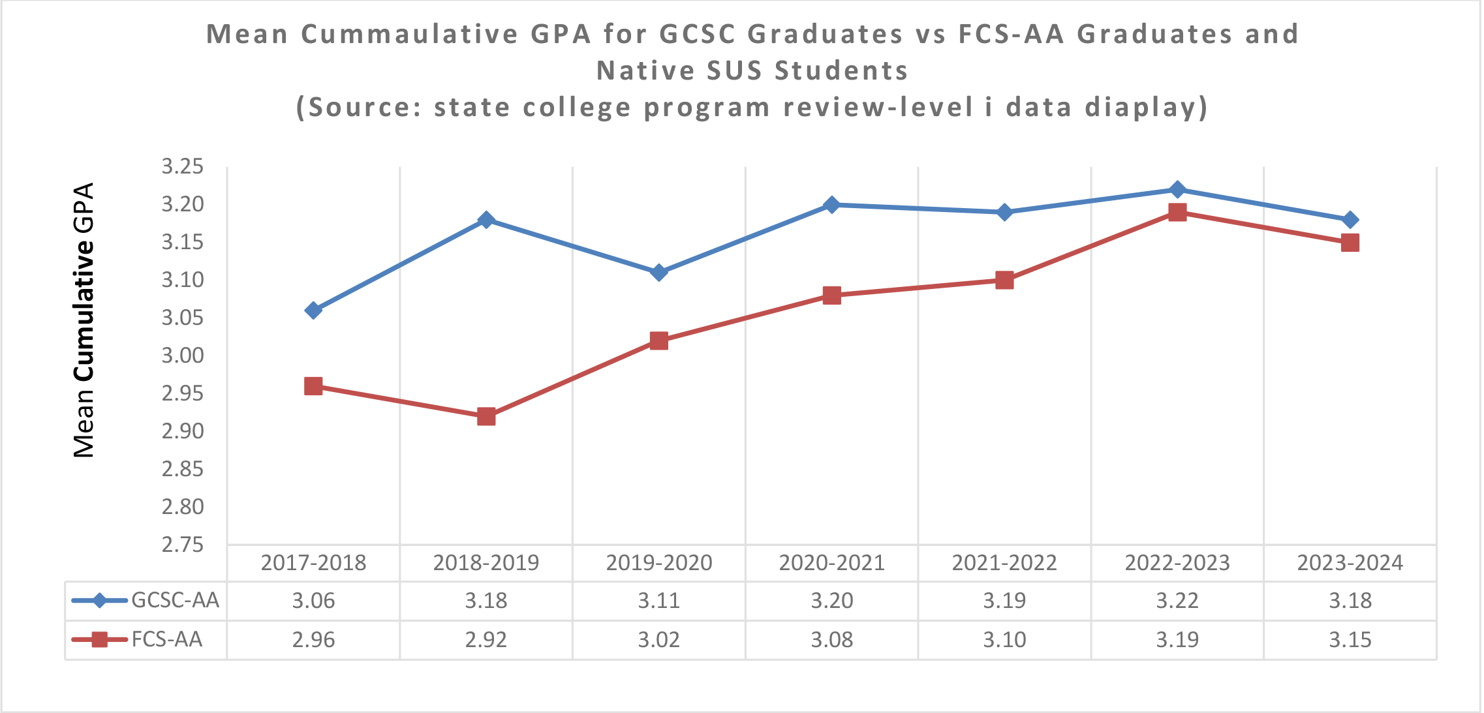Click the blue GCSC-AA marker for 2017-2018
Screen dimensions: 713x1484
313,311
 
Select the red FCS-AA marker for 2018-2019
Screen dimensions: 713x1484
486,416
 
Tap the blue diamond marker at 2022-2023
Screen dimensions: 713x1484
1177,190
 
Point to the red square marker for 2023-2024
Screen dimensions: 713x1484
1350,243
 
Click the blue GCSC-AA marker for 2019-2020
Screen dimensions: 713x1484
659,272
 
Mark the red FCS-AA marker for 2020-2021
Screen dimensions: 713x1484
831,296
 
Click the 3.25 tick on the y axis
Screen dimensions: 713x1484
183,167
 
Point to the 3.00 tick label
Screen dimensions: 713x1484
183,356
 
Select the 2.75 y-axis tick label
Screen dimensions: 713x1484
183,545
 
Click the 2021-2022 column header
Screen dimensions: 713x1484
1004,562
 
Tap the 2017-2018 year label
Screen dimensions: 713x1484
313,562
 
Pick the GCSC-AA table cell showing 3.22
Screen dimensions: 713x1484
1177,600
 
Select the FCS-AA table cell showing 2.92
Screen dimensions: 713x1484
486,639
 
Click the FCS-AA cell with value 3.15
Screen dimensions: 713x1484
1350,639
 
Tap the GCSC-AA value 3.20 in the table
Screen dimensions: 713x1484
831,600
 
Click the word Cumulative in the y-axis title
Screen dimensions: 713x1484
84,310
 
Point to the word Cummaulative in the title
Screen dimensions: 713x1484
410,34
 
